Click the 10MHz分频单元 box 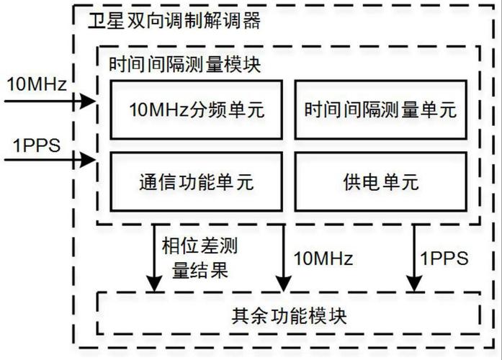pos(197,109)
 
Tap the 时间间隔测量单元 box pos(381,109)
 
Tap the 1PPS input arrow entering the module pos(50,158)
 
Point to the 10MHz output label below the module pos(323,258)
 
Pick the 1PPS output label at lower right pos(444,258)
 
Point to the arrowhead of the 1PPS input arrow pos(90,158)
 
